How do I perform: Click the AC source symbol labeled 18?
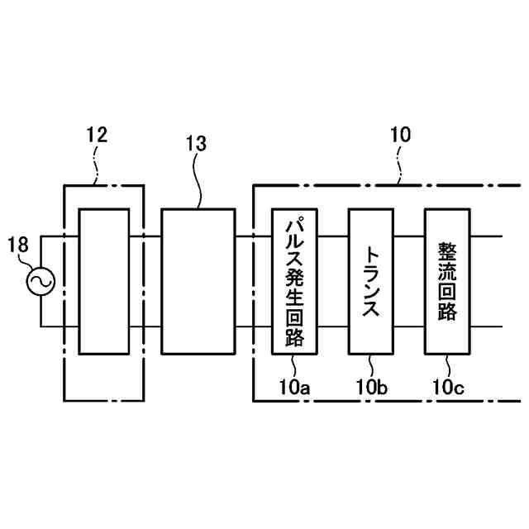click(39, 282)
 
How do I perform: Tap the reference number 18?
click(19, 245)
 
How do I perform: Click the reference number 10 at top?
click(398, 135)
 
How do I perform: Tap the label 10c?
click(448, 386)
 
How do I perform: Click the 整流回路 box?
click(447, 281)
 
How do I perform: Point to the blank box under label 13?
click(198, 281)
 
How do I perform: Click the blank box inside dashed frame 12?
click(104, 281)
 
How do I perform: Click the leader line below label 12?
click(100, 165)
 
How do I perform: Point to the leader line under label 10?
click(401, 164)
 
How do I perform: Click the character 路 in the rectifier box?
click(447, 313)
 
